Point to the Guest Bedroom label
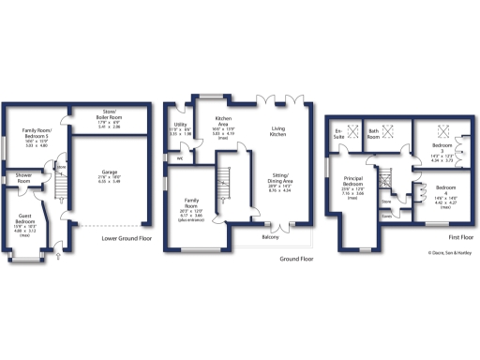coord(25,222)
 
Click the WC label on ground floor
coord(179,157)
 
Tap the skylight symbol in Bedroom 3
coord(445,130)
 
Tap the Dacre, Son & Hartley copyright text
coord(447,252)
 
